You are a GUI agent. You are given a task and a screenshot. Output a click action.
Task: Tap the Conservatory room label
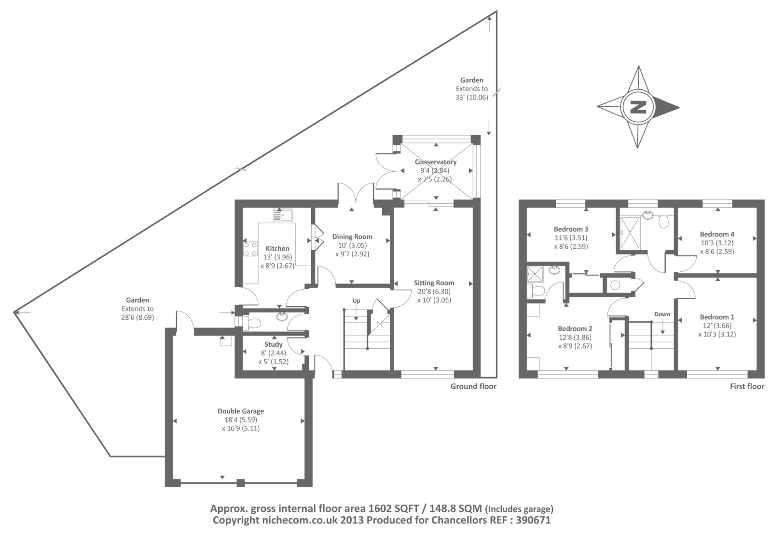(436, 162)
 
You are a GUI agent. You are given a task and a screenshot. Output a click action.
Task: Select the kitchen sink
(283, 215)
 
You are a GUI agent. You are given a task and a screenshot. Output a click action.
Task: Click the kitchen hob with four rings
(250, 249)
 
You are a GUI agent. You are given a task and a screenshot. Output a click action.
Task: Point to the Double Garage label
(241, 411)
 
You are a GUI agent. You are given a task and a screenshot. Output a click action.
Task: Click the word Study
(273, 344)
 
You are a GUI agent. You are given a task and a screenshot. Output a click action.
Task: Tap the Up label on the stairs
(357, 301)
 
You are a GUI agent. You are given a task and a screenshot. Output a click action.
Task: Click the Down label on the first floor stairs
(662, 314)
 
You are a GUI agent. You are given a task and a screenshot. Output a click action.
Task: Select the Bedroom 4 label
(717, 234)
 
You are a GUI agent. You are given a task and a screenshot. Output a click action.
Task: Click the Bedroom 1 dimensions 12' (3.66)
(717, 325)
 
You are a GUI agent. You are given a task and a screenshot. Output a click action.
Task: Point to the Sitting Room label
(434, 283)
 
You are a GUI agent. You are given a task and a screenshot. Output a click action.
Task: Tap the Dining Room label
(352, 237)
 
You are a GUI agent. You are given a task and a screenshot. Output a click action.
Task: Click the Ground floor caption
(473, 386)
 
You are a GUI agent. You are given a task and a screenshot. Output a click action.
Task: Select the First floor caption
(747, 386)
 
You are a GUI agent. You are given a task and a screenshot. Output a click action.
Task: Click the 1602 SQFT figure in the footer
(394, 508)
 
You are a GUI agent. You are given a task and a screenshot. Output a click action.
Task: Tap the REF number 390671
(533, 520)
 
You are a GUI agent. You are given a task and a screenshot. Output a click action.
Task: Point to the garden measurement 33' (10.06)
(472, 97)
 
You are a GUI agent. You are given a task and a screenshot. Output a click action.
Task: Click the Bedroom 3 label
(571, 229)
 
